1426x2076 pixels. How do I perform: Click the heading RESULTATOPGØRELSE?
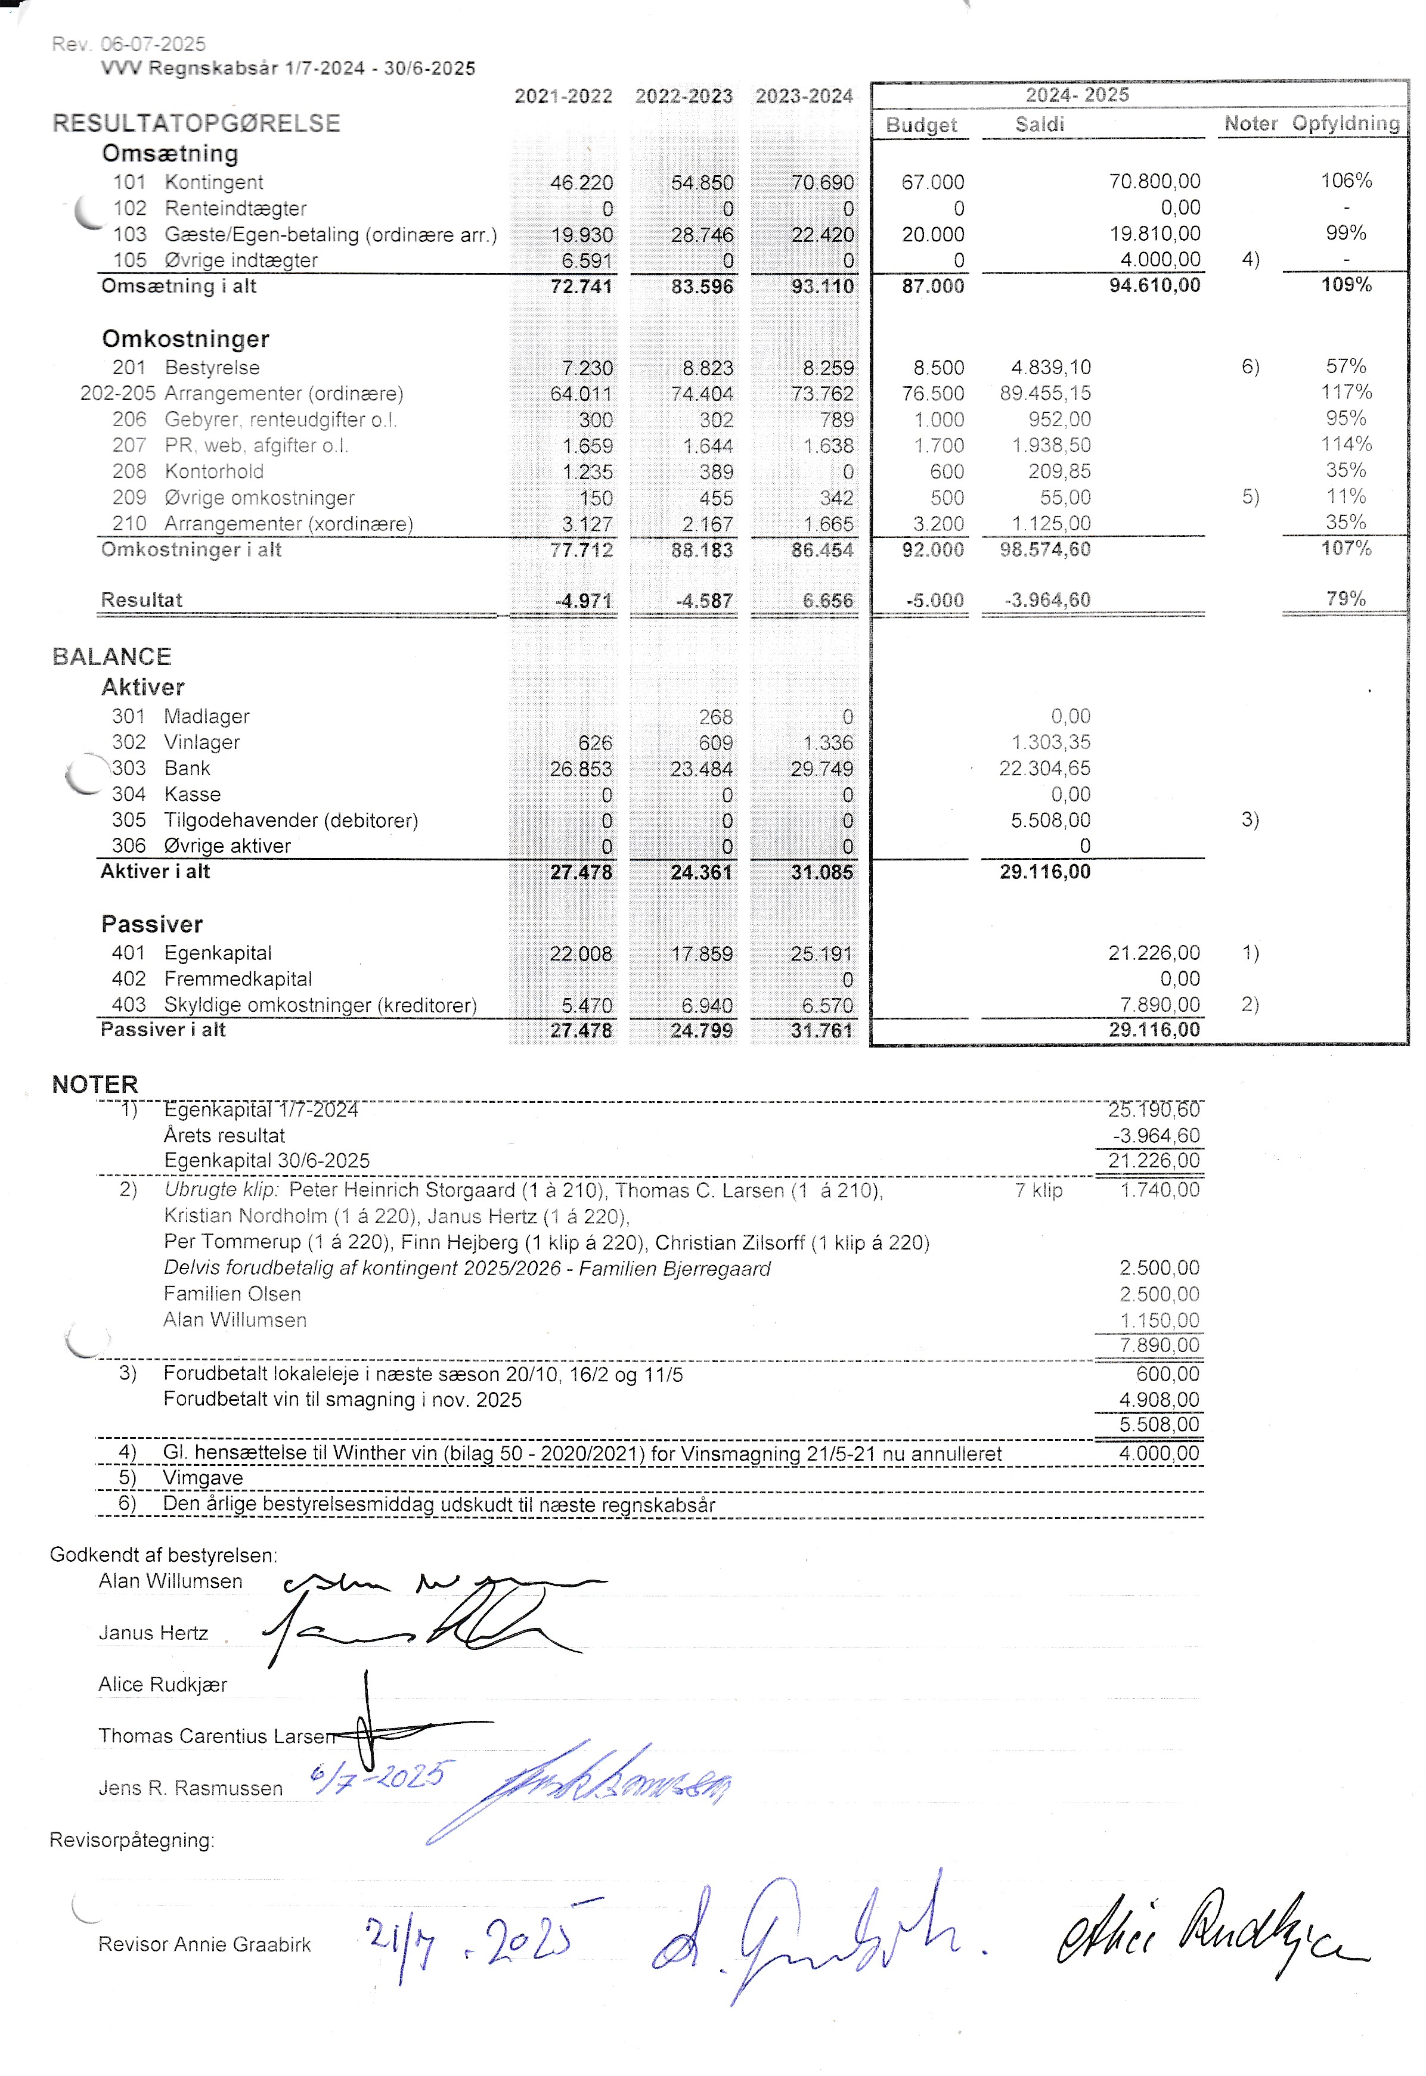[197, 123]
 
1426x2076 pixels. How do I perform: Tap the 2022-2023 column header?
[684, 97]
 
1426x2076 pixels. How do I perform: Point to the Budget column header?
[920, 125]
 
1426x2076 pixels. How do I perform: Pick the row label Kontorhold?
[215, 472]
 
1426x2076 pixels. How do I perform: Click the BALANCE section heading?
[111, 657]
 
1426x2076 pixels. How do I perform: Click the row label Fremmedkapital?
[238, 979]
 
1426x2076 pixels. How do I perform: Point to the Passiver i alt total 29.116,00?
[1154, 1030]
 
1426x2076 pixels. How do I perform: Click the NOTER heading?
[95, 1084]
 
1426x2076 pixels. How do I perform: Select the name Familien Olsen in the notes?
[232, 1294]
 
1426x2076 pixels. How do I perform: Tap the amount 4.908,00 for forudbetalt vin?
[1159, 1400]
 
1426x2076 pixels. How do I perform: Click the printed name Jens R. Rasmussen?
[190, 1788]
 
